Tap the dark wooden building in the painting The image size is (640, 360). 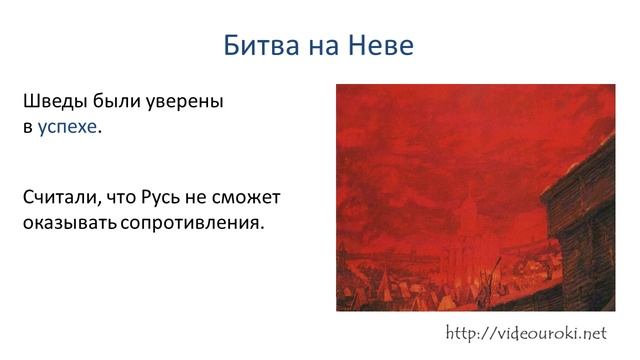584,240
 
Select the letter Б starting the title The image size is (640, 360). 231,46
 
